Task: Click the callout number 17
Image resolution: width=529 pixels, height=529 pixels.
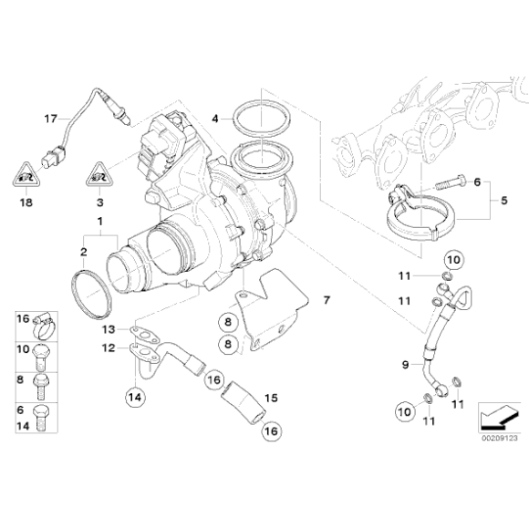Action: tap(51, 118)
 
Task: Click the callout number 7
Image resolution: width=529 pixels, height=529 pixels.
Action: tap(327, 299)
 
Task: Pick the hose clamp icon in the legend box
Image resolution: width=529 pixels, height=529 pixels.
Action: tap(46, 321)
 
